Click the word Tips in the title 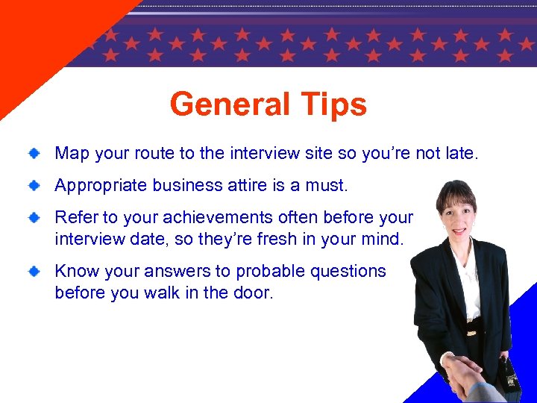point(334,104)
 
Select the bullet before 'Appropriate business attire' point(34,185)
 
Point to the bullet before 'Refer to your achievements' point(34,217)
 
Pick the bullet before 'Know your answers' point(34,272)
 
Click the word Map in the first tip point(72,154)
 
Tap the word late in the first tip point(459,154)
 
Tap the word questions point(350,272)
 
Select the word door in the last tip point(254,293)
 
